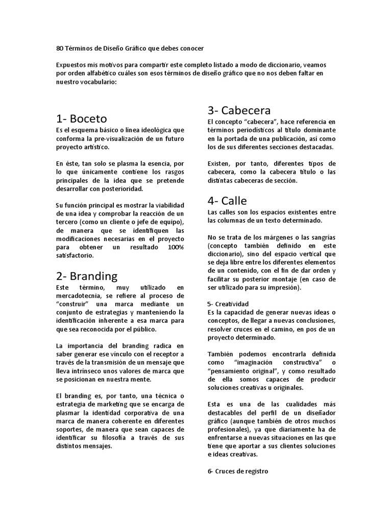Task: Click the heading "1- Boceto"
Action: click(82, 119)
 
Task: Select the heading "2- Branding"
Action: click(87, 276)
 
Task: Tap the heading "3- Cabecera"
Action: click(239, 110)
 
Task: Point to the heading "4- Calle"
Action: click(227, 201)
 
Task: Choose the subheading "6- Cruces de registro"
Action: click(237, 471)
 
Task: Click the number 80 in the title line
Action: click(59, 49)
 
